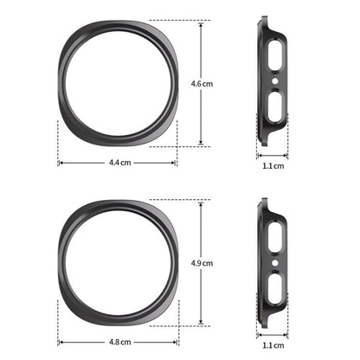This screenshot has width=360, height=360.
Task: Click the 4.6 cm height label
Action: coord(202,84)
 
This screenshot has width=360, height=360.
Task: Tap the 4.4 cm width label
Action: coord(120,163)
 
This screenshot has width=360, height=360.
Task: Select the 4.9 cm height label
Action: coord(202,263)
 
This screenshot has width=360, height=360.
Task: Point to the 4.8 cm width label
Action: coord(120,342)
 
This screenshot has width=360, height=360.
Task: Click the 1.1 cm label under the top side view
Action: coord(273,166)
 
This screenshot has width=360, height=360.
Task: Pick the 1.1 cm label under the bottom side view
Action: coord(273,345)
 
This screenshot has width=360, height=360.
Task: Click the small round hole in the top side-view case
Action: coord(275,81)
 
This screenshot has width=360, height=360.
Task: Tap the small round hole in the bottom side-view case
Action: coord(275,263)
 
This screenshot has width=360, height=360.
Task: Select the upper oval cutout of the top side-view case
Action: coord(275,55)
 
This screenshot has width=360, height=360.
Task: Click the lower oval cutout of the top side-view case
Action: coord(275,106)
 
